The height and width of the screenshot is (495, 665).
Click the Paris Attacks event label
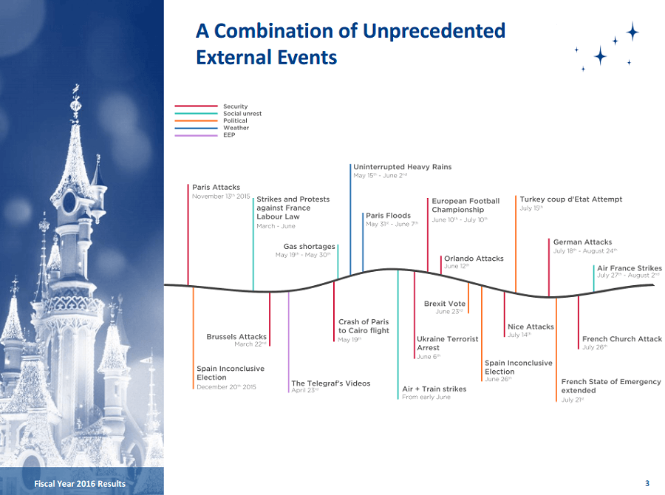click(216, 187)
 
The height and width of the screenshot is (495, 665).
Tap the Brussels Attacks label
click(236, 336)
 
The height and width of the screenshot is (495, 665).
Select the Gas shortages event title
click(309, 247)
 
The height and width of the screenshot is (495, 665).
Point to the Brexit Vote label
click(445, 304)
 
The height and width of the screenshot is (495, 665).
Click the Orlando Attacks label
click(474, 259)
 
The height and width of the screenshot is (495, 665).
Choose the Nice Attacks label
click(531, 327)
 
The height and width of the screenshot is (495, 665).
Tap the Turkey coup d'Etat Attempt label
click(571, 199)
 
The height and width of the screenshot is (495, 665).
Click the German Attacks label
click(582, 242)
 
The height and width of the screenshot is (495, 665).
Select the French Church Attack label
click(621, 339)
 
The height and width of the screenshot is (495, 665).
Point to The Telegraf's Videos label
click(331, 383)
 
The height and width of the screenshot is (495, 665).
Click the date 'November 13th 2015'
click(221, 197)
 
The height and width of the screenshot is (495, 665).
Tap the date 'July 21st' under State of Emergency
click(573, 400)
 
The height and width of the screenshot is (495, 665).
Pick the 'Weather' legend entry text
click(236, 128)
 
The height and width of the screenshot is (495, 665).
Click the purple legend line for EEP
click(196, 135)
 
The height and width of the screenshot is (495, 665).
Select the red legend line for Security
click(196, 106)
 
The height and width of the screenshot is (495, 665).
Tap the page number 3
click(647, 483)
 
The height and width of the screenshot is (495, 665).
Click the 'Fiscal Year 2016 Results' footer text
click(80, 483)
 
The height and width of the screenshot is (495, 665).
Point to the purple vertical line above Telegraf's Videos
click(288, 342)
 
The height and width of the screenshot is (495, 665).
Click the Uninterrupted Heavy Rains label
click(403, 167)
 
